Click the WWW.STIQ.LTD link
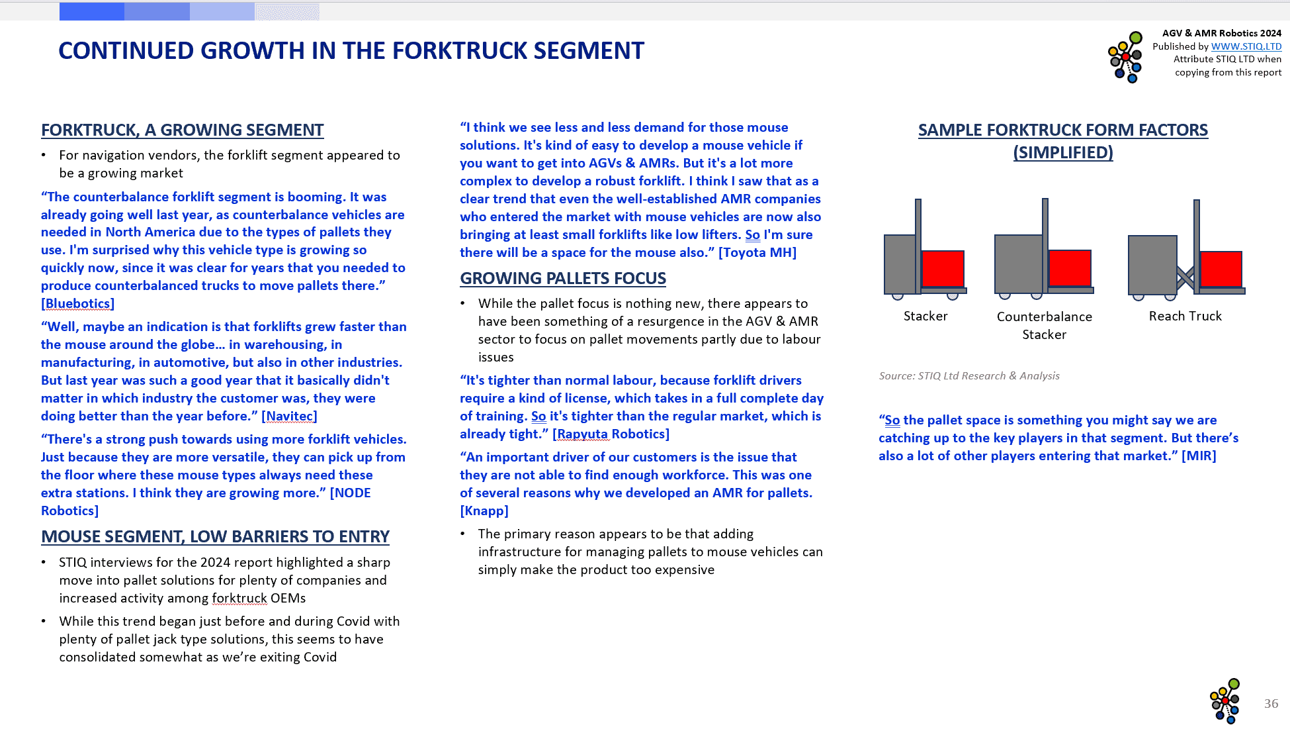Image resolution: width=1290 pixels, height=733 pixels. tap(1246, 46)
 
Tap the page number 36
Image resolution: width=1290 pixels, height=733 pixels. tap(1271, 704)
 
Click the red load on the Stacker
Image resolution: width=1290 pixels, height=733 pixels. tap(943, 269)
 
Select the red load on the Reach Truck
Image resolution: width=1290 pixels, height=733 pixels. tap(1221, 269)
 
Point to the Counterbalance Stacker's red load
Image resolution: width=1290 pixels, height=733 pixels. tap(1070, 268)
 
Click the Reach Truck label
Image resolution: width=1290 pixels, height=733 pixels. tap(1185, 317)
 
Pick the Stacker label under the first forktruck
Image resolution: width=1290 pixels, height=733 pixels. tap(925, 317)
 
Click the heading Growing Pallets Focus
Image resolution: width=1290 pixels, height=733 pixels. tap(563, 279)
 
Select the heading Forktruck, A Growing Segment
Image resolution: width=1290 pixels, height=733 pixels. tap(182, 130)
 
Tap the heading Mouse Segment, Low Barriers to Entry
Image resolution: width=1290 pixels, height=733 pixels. tap(215, 537)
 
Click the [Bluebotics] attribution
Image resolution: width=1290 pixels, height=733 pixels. tap(77, 304)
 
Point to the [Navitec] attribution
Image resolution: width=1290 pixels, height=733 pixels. tap(289, 416)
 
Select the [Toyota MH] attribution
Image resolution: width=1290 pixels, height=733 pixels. tap(757, 253)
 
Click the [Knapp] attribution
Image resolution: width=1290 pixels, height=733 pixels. tap(484, 511)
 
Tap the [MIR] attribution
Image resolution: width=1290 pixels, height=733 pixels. tap(1199, 456)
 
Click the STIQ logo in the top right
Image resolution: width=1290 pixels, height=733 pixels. tap(1125, 57)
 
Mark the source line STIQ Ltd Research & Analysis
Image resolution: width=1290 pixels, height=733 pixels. tap(968, 376)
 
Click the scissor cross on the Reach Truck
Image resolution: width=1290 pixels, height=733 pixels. tap(1185, 278)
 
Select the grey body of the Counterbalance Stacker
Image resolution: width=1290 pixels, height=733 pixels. tap(1018, 264)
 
